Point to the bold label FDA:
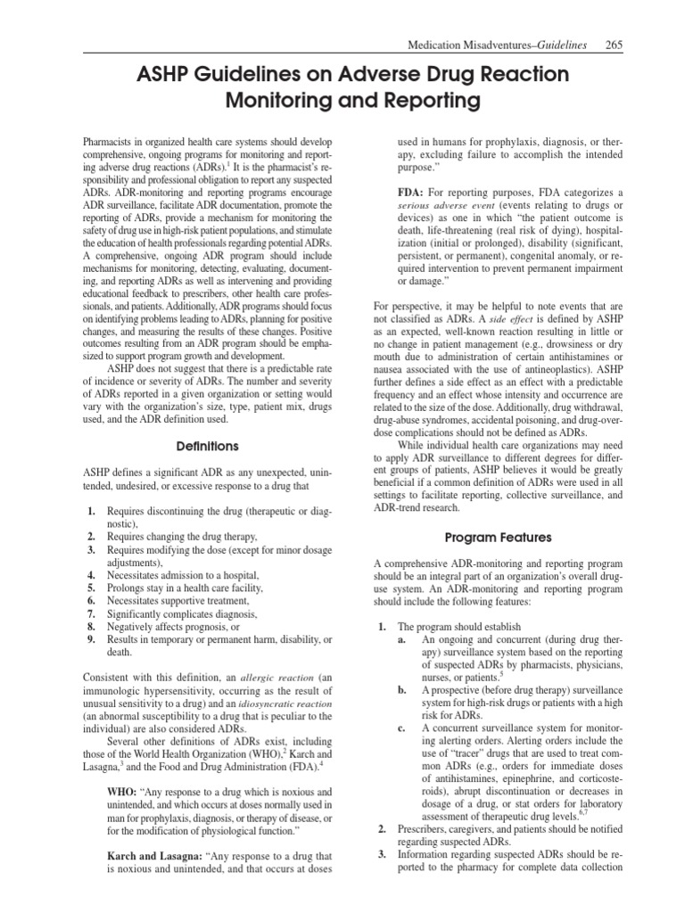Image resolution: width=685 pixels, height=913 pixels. [x=413, y=193]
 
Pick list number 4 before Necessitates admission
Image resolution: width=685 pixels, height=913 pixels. [x=92, y=576]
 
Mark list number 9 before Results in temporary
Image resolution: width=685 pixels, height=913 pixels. [x=92, y=640]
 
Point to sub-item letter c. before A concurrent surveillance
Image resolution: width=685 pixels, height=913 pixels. [x=403, y=728]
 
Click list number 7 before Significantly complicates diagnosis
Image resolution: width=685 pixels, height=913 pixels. [x=92, y=614]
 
